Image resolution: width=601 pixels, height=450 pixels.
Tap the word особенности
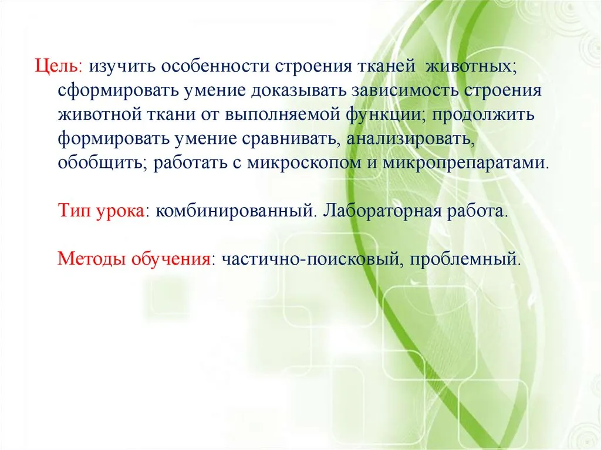tap(215, 66)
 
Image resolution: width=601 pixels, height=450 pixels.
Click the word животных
tap(471, 67)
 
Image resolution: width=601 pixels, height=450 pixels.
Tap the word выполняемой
tap(282, 114)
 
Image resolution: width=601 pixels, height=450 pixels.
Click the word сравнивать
tap(292, 139)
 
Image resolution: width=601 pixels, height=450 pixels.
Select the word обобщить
tap(103, 163)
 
